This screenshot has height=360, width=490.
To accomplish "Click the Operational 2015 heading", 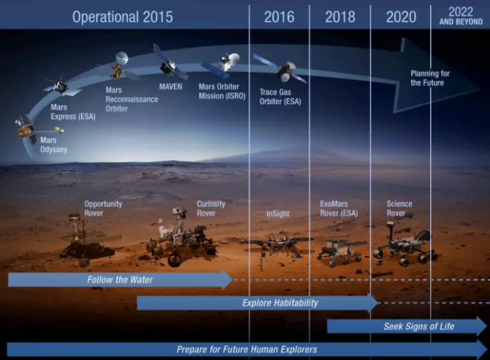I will tap(122, 17).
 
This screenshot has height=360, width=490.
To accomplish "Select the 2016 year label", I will tap(279, 17).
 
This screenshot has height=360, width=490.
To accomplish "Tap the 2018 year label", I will tap(340, 17).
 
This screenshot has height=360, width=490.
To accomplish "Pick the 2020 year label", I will tap(401, 17).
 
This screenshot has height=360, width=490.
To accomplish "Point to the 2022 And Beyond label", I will tap(461, 15).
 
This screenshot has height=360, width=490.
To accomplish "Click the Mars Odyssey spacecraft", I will tap(27, 129).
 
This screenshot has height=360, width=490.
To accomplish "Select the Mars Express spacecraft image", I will tap(58, 86).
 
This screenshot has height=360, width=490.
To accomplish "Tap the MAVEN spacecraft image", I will tap(169, 64).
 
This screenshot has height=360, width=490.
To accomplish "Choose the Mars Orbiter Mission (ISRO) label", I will tap(222, 91).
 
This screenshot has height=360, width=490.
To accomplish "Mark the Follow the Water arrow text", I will tap(120, 280).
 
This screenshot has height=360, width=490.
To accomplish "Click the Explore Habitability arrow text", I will tap(279, 303).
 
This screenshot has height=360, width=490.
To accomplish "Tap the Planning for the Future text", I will tap(430, 78).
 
